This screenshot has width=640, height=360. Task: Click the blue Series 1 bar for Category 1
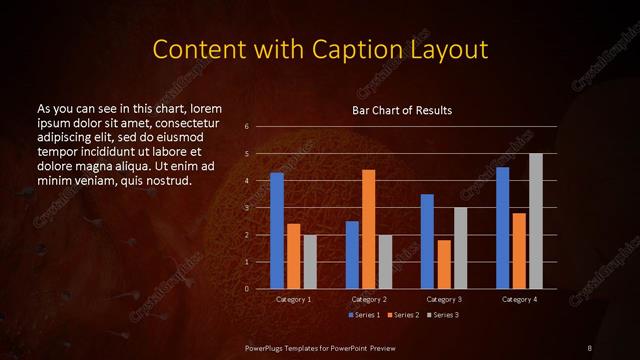(x=277, y=231)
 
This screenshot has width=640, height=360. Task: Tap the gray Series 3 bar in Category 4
(x=536, y=221)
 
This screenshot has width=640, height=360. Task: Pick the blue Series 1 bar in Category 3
(x=427, y=242)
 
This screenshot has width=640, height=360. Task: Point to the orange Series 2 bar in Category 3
(x=444, y=264)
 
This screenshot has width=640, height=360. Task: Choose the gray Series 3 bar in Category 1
(x=310, y=262)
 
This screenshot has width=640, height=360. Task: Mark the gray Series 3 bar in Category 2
(x=386, y=262)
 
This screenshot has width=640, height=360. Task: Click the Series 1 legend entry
(x=365, y=316)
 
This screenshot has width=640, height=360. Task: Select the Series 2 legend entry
(x=402, y=316)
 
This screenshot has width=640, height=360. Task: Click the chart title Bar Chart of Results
(x=402, y=110)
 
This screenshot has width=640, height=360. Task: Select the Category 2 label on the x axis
(x=369, y=299)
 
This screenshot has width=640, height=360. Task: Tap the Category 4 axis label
(x=519, y=299)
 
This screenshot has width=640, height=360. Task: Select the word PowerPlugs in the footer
(x=271, y=346)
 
